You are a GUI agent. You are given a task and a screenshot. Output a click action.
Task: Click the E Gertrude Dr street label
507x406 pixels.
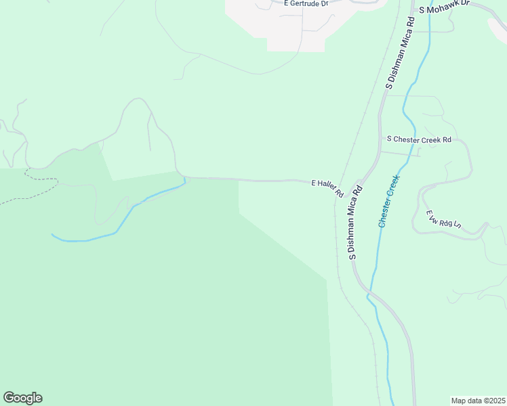tap(306, 3)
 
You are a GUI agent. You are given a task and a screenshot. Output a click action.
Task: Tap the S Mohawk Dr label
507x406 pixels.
tap(444, 9)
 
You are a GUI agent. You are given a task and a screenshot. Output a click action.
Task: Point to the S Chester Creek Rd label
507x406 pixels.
tap(419, 139)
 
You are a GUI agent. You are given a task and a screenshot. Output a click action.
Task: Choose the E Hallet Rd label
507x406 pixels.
tap(327, 188)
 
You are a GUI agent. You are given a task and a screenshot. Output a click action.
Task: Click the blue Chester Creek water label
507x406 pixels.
tap(390, 200)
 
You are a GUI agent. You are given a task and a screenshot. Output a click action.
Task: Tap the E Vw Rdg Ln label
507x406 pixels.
tap(443, 219)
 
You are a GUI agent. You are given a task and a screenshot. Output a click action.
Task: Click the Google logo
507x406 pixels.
tap(22, 398)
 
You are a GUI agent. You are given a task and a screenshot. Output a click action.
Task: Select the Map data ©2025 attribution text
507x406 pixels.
tap(479, 401)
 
